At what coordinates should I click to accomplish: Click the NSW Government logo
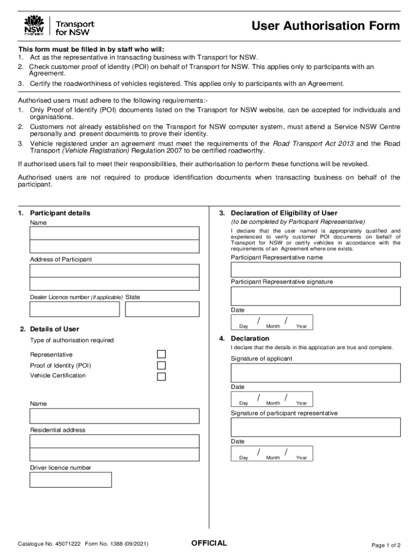(x=34, y=26)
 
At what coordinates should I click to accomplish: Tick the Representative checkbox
(x=161, y=354)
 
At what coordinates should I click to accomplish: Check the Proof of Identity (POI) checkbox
(x=161, y=365)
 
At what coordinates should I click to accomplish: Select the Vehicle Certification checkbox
(x=161, y=376)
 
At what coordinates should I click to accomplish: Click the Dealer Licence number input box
(x=74, y=309)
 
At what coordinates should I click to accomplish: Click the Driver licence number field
(x=71, y=479)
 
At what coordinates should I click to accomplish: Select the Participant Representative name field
(x=315, y=270)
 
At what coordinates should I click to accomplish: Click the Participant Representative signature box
(x=315, y=296)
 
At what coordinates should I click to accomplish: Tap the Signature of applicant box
(x=315, y=372)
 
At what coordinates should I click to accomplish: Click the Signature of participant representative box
(x=315, y=427)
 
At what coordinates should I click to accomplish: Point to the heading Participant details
(x=60, y=213)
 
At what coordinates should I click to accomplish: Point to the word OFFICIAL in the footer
(x=209, y=544)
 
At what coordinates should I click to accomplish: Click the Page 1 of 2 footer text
(x=385, y=545)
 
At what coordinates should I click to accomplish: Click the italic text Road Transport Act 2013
(x=313, y=144)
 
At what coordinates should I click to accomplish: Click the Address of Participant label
(x=61, y=260)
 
